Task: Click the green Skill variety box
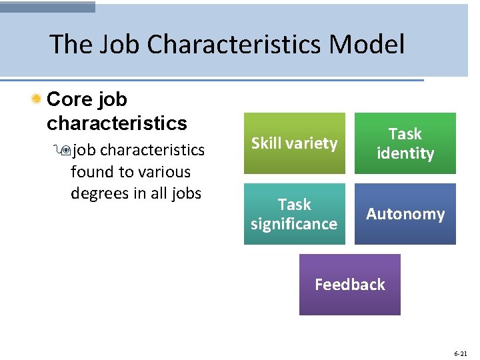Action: click(294, 143)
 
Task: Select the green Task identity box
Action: click(405, 143)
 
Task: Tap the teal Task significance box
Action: click(294, 214)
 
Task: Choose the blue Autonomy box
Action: click(405, 214)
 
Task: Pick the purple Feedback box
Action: click(349, 285)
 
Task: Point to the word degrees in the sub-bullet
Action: click(99, 194)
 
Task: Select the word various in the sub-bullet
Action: click(164, 172)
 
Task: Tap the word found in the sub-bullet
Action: click(92, 172)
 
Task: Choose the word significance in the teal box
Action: click(294, 224)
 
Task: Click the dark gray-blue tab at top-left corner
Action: click(47, 6)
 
